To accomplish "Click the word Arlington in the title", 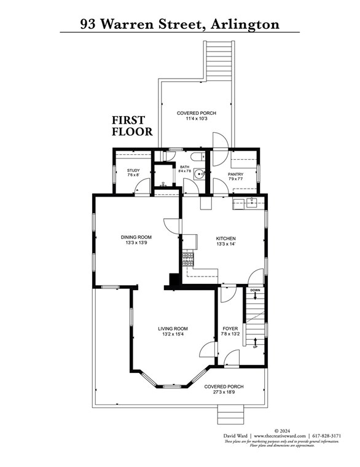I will pos(244,24).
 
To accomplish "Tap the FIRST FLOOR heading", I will pos(128,126).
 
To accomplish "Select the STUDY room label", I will pos(133,171).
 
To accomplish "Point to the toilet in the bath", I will pos(194,155).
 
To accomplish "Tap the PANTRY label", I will pos(235,175).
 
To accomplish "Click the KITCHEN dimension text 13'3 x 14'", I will pos(225,245).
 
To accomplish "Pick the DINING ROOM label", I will pos(136,237).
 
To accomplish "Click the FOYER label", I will pos(230,329).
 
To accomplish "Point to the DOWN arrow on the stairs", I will pos(255,295).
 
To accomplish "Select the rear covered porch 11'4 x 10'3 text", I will pos(196,119).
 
